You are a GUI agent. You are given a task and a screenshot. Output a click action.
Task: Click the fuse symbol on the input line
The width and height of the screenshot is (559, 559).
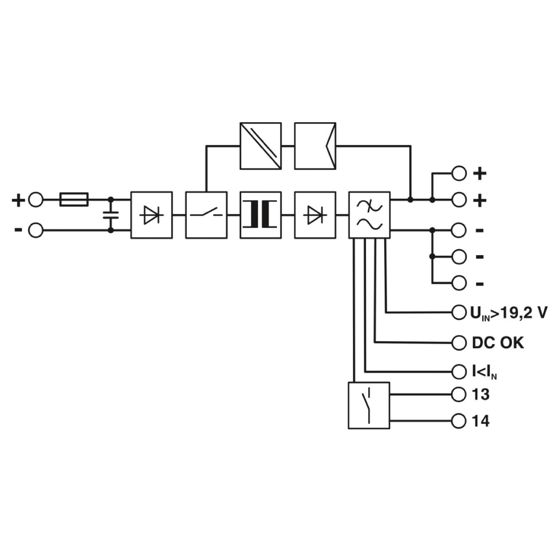(74, 200)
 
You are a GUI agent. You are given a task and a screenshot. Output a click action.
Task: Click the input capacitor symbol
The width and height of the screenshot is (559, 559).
(111, 215)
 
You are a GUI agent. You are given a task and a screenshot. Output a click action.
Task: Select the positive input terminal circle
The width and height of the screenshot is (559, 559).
(35, 200)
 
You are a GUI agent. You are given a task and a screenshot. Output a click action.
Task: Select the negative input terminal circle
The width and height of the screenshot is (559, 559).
(35, 230)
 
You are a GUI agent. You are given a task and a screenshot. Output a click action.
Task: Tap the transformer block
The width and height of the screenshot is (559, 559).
(260, 215)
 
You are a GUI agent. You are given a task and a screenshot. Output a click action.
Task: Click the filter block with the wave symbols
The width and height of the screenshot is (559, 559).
(370, 215)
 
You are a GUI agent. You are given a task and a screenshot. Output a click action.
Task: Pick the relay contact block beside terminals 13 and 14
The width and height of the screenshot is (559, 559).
(369, 405)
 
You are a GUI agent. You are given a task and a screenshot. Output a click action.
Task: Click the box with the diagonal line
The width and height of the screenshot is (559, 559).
(260, 146)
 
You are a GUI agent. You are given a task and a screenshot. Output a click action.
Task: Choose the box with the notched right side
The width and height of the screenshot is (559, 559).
(315, 146)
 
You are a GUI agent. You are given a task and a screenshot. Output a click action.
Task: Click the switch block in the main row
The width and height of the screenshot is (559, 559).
(207, 215)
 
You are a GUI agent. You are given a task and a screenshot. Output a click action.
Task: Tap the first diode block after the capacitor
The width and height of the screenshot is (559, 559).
(152, 215)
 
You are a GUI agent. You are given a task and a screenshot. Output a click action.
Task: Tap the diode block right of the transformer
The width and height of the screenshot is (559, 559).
(315, 215)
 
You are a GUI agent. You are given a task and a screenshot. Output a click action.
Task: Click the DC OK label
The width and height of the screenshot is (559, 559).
(498, 343)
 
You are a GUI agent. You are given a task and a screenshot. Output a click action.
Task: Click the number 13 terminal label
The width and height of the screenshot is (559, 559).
(480, 394)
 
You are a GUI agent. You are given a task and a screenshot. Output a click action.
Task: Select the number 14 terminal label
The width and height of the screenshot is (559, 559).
(480, 421)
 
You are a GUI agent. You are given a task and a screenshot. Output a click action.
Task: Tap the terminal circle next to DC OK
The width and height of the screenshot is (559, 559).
(459, 343)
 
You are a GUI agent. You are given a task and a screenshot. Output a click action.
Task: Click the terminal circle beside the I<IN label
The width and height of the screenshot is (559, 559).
(459, 372)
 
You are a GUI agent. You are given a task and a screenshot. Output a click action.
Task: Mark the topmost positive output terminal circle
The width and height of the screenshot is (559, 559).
(459, 173)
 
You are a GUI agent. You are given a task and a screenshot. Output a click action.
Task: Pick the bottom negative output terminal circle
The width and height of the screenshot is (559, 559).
(459, 283)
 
